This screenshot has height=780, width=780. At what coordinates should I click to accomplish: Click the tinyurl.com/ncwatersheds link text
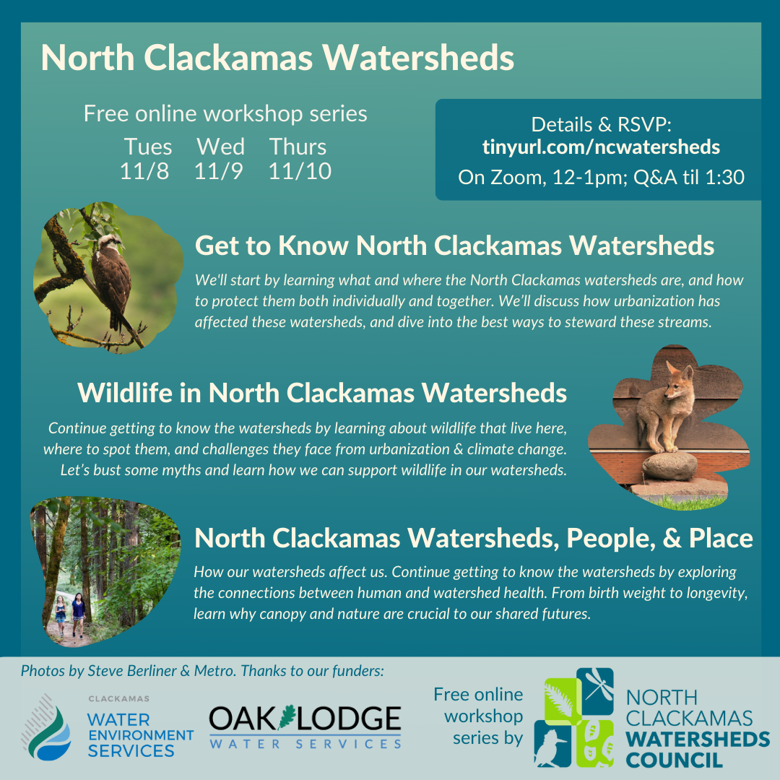pyautogui.click(x=601, y=147)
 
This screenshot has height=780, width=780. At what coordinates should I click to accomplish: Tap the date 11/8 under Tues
pyautogui.click(x=144, y=172)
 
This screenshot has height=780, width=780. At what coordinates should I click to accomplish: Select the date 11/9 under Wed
pyautogui.click(x=218, y=172)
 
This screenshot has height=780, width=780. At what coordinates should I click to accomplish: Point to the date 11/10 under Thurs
pyautogui.click(x=300, y=172)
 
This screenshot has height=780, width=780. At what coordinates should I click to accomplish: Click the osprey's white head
pyautogui.click(x=110, y=243)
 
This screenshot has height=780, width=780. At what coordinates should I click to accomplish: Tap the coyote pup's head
pyautogui.click(x=678, y=381)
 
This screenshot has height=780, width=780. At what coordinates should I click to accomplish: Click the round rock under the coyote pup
pyautogui.click(x=670, y=466)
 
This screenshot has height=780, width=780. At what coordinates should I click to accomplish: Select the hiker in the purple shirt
pyautogui.click(x=78, y=615)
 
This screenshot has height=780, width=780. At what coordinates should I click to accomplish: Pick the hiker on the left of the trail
pyautogui.click(x=60, y=616)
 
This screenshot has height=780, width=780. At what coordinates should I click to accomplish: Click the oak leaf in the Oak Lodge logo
pyautogui.click(x=287, y=717)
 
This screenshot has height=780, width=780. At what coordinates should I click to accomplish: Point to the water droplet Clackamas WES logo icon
pyautogui.click(x=46, y=728)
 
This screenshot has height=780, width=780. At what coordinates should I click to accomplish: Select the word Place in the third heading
pyautogui.click(x=721, y=538)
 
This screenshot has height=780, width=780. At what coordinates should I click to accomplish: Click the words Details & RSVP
pyautogui.click(x=601, y=125)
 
